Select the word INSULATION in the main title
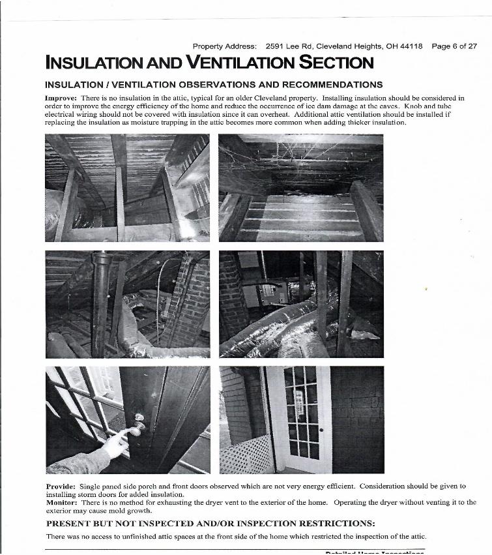click(x=89, y=63)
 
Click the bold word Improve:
click(x=61, y=98)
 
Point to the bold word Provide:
click(x=61, y=487)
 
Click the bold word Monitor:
click(x=62, y=502)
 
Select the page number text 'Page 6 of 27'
click(x=454, y=47)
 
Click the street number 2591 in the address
click(x=275, y=47)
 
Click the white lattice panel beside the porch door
click(x=246, y=455)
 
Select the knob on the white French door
click(x=321, y=430)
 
